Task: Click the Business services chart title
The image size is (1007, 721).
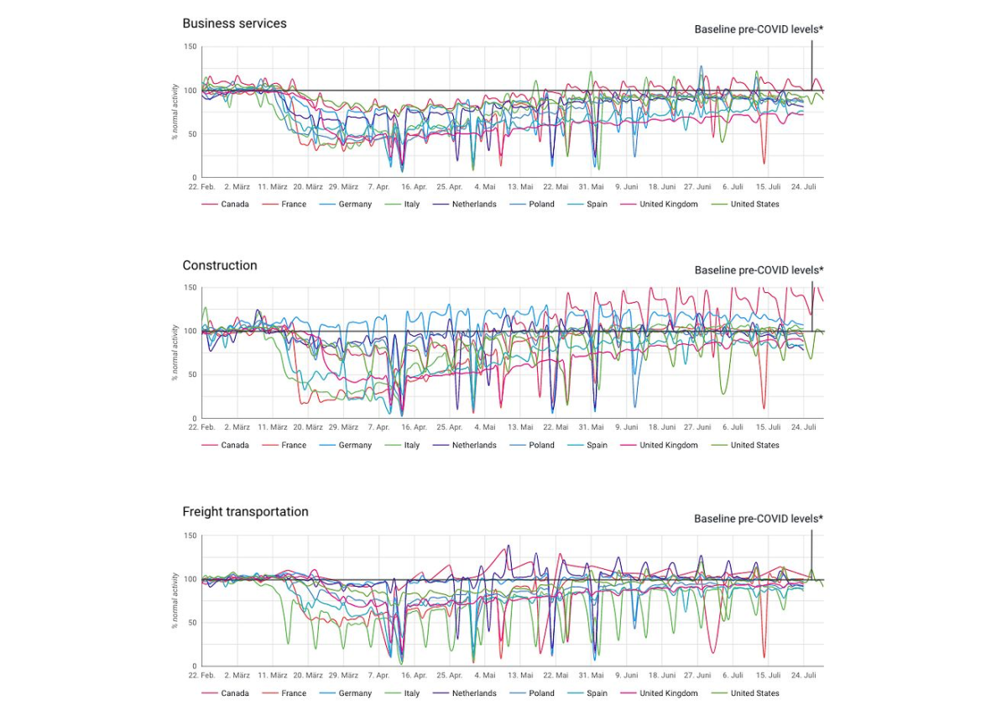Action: (234, 24)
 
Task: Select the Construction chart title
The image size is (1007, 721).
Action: (220, 265)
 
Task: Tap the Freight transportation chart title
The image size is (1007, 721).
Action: (245, 512)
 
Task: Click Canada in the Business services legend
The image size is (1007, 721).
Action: (235, 205)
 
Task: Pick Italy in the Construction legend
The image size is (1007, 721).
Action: (411, 446)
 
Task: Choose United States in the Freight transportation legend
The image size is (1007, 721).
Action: (754, 694)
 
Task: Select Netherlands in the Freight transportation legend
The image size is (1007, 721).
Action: (474, 694)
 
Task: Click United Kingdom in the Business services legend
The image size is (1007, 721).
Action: (668, 205)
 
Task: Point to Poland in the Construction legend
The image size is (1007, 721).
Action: (541, 446)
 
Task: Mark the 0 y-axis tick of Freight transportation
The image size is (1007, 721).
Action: (195, 666)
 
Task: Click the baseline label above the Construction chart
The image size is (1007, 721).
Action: (759, 270)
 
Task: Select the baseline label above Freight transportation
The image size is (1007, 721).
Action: (759, 519)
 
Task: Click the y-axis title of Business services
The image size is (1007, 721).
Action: (175, 112)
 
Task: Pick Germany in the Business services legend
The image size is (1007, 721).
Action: (355, 205)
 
